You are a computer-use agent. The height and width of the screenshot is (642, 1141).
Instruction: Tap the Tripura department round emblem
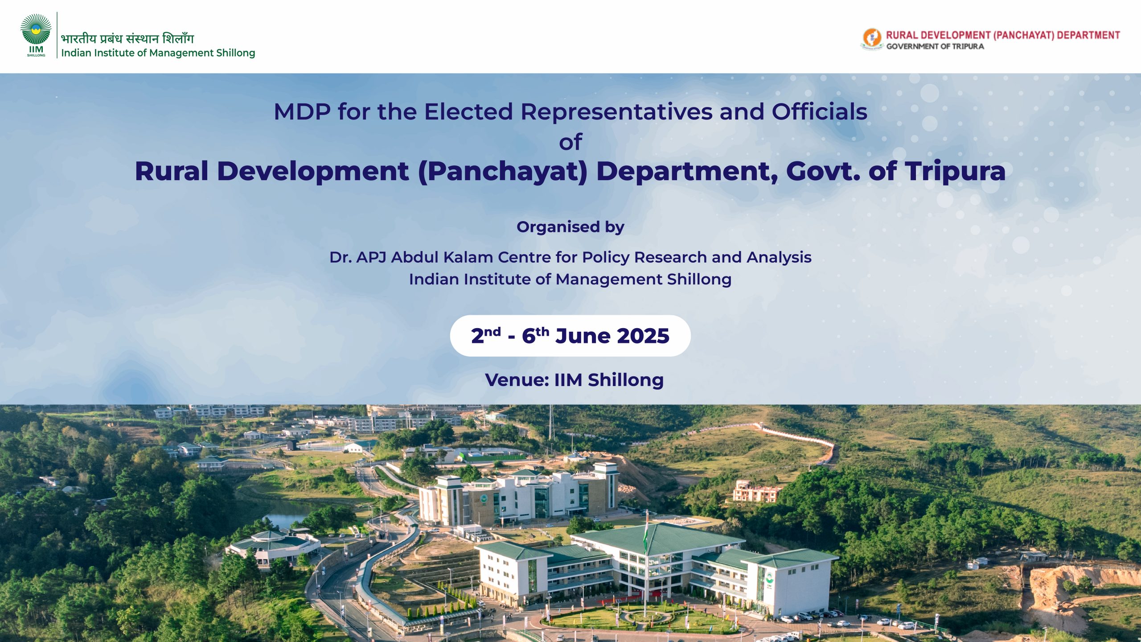point(871,38)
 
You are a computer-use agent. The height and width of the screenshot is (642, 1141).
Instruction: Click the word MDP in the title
point(302,111)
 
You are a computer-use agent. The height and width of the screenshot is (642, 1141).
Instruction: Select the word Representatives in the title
point(616,111)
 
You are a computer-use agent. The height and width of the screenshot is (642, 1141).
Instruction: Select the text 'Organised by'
point(570,227)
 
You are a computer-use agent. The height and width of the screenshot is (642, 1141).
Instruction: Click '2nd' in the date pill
point(486,335)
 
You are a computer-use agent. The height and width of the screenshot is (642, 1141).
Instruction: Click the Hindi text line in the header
point(127,38)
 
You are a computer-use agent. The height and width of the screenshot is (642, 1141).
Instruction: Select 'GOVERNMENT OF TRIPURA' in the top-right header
point(935,46)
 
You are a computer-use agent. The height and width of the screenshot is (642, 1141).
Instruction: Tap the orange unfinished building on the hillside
point(756,491)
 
